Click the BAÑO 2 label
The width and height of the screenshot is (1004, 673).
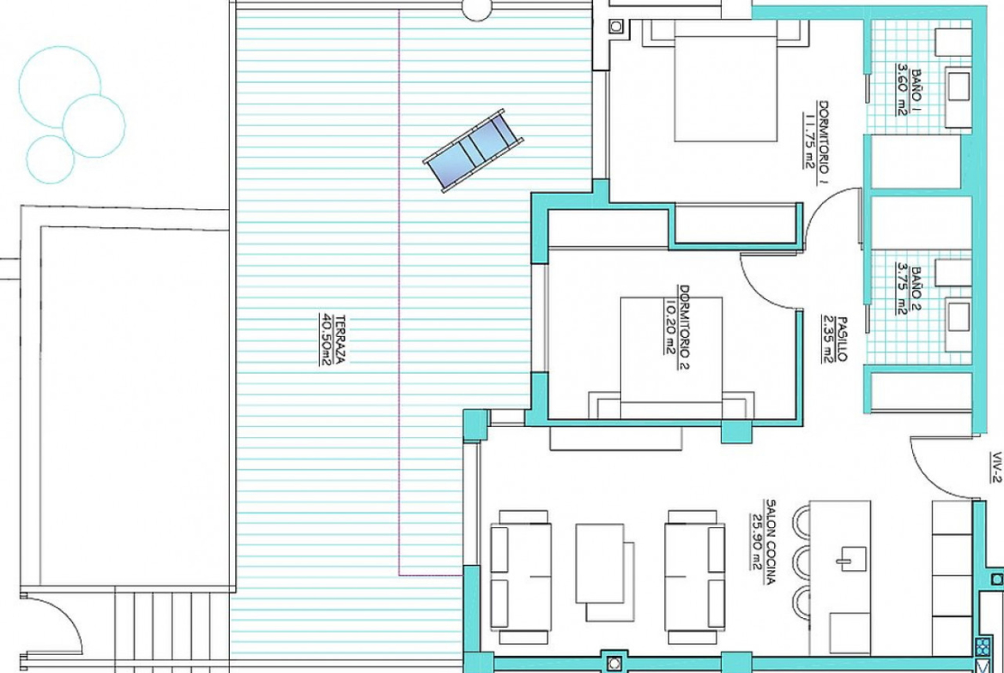point(910,291)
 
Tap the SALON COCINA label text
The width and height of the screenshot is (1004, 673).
point(763,543)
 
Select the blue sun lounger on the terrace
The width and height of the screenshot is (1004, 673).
point(473,150)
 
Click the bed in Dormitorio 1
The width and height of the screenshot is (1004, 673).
point(725,80)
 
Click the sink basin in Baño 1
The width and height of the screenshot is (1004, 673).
point(959,87)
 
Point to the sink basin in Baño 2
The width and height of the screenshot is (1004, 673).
point(959,317)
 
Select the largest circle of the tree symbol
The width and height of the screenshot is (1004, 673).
point(59,87)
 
